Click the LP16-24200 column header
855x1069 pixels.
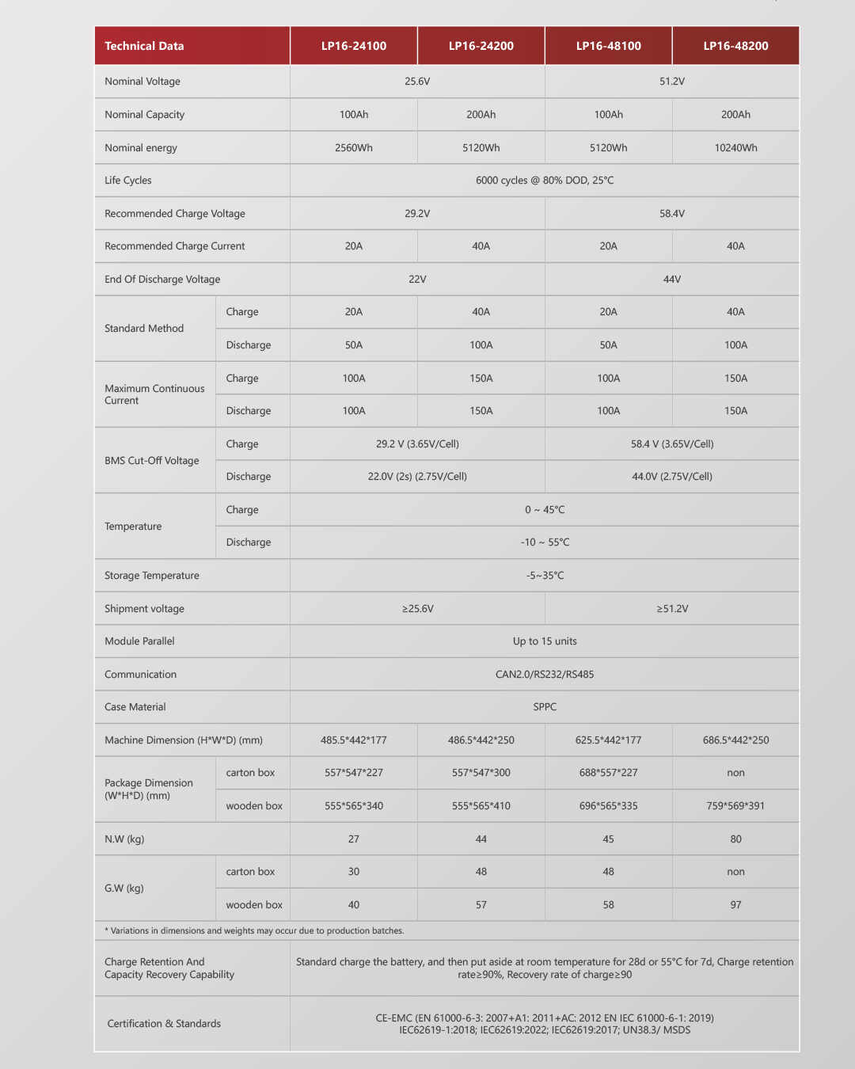pos(481,46)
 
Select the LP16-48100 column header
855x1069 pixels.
pos(608,46)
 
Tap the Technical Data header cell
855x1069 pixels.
pos(144,46)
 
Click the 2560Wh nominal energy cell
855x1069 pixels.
pos(353,148)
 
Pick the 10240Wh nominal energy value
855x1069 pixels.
pos(735,148)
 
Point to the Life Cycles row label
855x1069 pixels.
pos(128,181)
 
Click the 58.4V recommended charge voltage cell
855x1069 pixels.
pos(671,214)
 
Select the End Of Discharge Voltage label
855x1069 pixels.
pos(162,280)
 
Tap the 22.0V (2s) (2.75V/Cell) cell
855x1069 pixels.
pos(417,477)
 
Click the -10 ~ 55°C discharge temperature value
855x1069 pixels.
pos(545,542)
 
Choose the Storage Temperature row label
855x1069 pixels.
pos(152,576)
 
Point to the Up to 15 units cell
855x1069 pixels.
pos(545,641)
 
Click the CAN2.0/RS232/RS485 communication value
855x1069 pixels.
pos(545,675)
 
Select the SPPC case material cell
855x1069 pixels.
pos(545,707)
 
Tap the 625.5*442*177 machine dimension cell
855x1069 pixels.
pos(608,740)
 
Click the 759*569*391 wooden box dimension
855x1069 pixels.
pos(735,806)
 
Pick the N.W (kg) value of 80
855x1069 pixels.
pos(735,839)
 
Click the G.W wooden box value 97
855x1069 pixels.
pos(735,905)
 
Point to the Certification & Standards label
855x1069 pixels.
pos(164,1024)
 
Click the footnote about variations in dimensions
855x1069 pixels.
pos(254,931)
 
